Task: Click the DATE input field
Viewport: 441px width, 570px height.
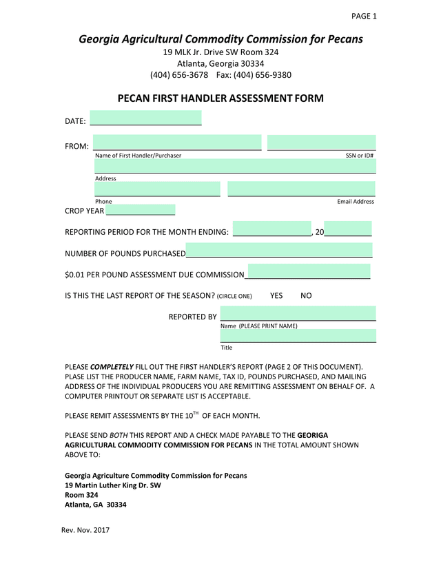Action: [x=145, y=118]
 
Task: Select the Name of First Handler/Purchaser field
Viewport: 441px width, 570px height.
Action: [x=177, y=142]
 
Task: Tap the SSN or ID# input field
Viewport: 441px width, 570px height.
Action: [x=321, y=142]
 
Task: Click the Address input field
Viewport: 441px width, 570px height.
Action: [x=234, y=166]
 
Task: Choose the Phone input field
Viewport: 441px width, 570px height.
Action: [x=157, y=189]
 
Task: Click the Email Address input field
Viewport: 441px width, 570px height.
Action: [x=301, y=189]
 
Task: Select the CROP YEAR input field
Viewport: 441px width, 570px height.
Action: [x=140, y=210]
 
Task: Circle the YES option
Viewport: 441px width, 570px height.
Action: [x=276, y=296]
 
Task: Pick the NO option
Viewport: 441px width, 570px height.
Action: [x=307, y=296]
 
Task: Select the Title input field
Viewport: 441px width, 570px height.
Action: [x=298, y=336]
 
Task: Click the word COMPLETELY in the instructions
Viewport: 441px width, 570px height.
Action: [x=112, y=367]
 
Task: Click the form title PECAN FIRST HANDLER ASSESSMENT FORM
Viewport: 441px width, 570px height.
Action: [x=220, y=99]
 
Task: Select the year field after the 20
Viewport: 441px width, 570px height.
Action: [x=348, y=229]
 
